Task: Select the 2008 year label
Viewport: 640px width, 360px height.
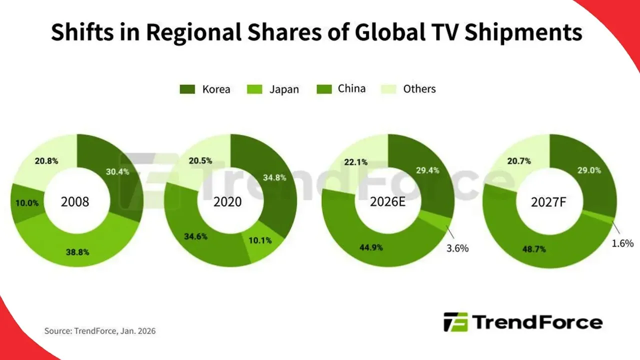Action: click(x=75, y=202)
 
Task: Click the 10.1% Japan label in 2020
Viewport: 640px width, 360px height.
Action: click(x=259, y=240)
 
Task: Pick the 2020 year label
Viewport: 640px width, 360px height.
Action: click(x=227, y=202)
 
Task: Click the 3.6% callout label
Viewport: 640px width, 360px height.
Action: click(x=456, y=248)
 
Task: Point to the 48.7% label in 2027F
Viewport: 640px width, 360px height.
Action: click(x=530, y=248)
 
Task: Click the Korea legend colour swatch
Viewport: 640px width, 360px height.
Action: click(x=187, y=89)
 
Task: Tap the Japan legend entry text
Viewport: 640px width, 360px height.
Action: click(x=284, y=89)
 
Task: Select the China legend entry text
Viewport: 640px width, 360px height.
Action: click(x=351, y=88)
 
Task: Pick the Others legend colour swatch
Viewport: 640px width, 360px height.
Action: click(x=389, y=89)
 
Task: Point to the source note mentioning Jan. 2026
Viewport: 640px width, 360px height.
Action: click(x=100, y=331)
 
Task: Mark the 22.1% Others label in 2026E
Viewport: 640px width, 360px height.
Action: click(x=356, y=161)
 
